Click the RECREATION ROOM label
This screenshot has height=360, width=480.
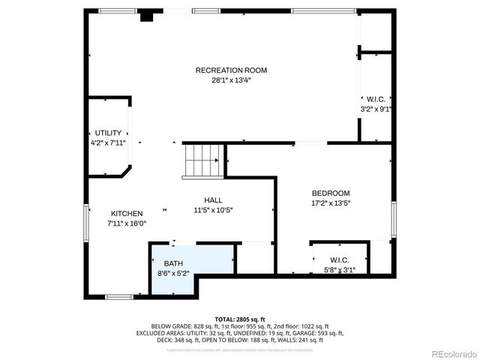[x=231, y=70]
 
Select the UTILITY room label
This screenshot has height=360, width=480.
[x=108, y=133]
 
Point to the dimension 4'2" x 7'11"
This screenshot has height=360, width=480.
[x=108, y=142]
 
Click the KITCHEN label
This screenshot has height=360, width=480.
[x=127, y=214]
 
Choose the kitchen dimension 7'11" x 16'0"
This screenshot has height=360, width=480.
[x=127, y=223]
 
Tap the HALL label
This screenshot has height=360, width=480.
[x=213, y=200]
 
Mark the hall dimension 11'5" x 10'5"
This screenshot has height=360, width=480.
[x=213, y=210]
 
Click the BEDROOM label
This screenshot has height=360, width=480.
[x=331, y=193]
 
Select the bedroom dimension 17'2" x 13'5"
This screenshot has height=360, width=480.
[x=331, y=202]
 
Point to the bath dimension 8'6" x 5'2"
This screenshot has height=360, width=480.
[x=173, y=274]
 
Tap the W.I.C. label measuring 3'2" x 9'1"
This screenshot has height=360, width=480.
[x=376, y=99]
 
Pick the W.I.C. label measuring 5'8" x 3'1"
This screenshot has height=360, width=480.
[x=340, y=260]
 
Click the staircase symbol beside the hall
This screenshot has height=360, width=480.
[x=203, y=160]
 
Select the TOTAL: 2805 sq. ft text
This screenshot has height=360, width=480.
[x=239, y=319]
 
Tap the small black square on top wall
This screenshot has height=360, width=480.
[x=148, y=14]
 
